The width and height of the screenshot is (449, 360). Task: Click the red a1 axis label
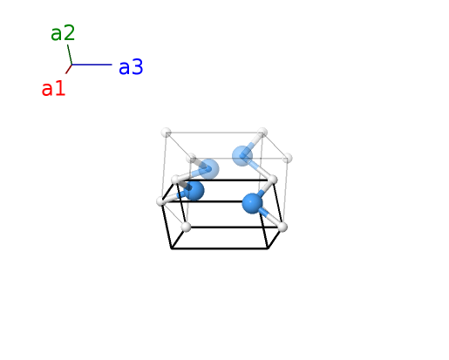pos(53,89)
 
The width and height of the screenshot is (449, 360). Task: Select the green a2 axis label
pos(63,33)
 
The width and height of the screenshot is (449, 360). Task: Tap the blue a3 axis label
pos(131,67)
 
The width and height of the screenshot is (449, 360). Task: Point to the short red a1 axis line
pos(69,69)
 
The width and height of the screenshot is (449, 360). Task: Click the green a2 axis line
pos(70,55)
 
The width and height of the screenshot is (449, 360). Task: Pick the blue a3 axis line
pos(92,65)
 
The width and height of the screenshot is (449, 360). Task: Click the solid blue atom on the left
pos(194,190)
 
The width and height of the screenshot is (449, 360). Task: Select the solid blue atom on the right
pos(252,203)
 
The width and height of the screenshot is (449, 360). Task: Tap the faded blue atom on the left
pos(208,168)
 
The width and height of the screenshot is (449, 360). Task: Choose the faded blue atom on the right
pos(242,156)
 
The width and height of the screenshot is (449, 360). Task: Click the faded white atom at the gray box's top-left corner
pos(167,132)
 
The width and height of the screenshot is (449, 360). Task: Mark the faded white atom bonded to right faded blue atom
pos(262,132)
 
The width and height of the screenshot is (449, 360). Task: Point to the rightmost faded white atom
pos(287,159)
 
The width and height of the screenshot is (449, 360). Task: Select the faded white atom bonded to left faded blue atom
pos(192,159)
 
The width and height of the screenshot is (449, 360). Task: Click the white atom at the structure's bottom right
pos(282,227)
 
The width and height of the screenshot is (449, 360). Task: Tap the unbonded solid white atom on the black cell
pos(187,227)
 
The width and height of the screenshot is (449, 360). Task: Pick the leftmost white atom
pos(161,201)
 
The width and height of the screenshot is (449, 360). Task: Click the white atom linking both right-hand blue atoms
pos(272,180)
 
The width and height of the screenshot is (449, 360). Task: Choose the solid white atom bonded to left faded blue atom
pos(176,180)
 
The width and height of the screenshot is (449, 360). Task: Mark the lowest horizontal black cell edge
pos(220,248)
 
